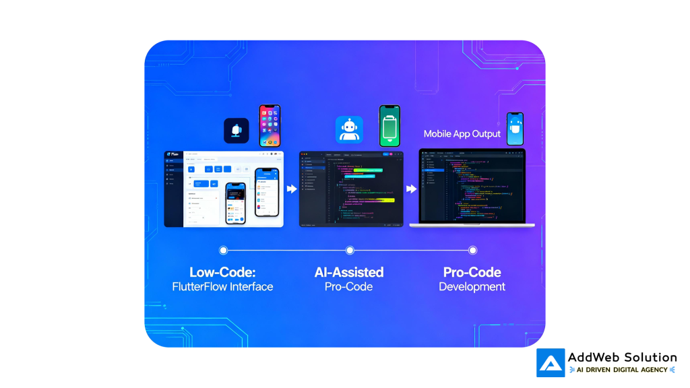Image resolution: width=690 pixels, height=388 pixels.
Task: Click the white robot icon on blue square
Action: (349, 129)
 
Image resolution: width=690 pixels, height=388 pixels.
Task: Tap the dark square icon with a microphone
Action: (237, 131)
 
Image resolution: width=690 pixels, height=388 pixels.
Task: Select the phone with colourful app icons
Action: (270, 125)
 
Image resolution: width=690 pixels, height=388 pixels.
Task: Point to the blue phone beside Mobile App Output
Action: (515, 129)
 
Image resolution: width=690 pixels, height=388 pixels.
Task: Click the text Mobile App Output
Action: (462, 133)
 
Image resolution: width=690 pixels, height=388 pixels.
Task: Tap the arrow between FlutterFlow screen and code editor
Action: (291, 189)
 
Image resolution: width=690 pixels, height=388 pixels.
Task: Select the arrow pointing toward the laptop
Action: (410, 189)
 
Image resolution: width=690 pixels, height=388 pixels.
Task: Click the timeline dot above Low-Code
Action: (223, 250)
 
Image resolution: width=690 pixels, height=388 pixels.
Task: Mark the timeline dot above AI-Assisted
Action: (350, 250)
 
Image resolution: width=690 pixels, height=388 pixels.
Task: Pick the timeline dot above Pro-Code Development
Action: (472, 250)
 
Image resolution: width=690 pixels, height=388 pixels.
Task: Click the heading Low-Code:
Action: (222, 272)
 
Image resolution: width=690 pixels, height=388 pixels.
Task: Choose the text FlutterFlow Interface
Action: (222, 287)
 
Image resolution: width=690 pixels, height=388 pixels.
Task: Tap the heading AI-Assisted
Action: (349, 272)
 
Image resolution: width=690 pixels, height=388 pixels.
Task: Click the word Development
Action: (472, 287)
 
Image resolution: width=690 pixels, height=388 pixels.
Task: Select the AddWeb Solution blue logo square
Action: (551, 362)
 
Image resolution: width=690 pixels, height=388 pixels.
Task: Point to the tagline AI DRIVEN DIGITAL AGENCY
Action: (622, 370)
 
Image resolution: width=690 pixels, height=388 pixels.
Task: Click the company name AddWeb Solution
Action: (622, 357)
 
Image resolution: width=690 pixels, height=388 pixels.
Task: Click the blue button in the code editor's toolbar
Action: (385, 154)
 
